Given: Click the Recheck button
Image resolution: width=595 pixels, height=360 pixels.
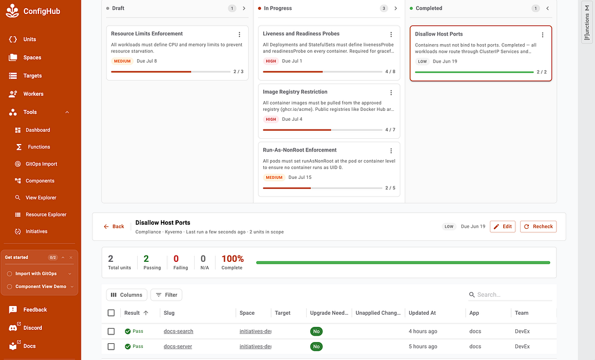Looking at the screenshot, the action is pyautogui.click(x=538, y=226).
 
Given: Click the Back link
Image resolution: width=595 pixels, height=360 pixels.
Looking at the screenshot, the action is pyautogui.click(x=114, y=226).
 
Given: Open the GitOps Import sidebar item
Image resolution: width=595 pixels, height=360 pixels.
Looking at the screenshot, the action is pyautogui.click(x=41, y=164).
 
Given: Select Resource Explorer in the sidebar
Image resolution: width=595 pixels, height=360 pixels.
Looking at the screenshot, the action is pyautogui.click(x=45, y=214).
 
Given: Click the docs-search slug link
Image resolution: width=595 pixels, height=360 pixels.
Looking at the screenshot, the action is pyautogui.click(x=178, y=331).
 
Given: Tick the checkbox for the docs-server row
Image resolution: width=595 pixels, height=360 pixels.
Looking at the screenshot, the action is pyautogui.click(x=111, y=346).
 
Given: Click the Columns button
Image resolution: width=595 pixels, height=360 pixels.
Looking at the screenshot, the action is pyautogui.click(x=126, y=295).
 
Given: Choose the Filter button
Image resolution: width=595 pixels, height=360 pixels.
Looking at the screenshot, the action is pyautogui.click(x=166, y=295).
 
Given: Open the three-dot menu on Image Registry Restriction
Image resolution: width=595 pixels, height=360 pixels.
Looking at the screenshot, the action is pyautogui.click(x=391, y=92).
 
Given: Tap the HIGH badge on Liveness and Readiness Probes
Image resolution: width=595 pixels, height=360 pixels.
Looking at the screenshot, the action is pyautogui.click(x=271, y=61).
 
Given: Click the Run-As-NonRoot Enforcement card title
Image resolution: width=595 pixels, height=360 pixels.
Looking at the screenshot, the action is pyautogui.click(x=300, y=150).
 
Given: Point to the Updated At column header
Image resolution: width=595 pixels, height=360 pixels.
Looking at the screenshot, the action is pyautogui.click(x=422, y=313).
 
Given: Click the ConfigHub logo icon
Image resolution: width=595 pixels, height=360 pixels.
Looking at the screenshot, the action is pyautogui.click(x=12, y=11).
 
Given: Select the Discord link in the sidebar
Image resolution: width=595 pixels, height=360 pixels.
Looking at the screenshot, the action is pyautogui.click(x=33, y=327).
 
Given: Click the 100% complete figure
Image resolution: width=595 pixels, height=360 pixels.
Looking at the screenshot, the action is pyautogui.click(x=232, y=259).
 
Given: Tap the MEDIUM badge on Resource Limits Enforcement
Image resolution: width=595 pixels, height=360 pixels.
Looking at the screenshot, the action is pyautogui.click(x=122, y=61).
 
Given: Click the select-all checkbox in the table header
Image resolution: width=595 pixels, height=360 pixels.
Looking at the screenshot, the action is pyautogui.click(x=111, y=313).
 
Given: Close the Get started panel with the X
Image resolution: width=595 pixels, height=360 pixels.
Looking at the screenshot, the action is pyautogui.click(x=70, y=258).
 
